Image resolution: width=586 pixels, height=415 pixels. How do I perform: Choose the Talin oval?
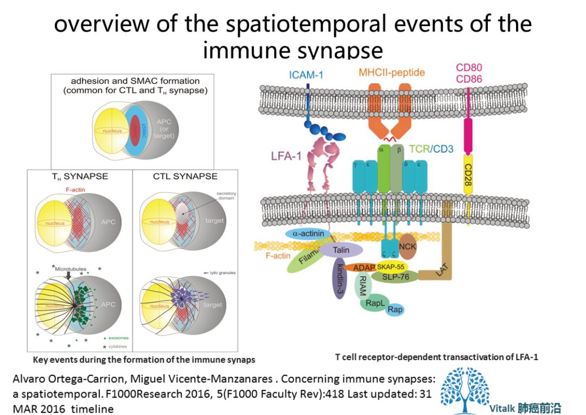tap(341, 249)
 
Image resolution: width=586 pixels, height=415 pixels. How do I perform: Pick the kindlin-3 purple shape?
tap(339, 277)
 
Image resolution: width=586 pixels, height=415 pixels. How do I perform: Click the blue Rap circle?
tap(395, 309)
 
